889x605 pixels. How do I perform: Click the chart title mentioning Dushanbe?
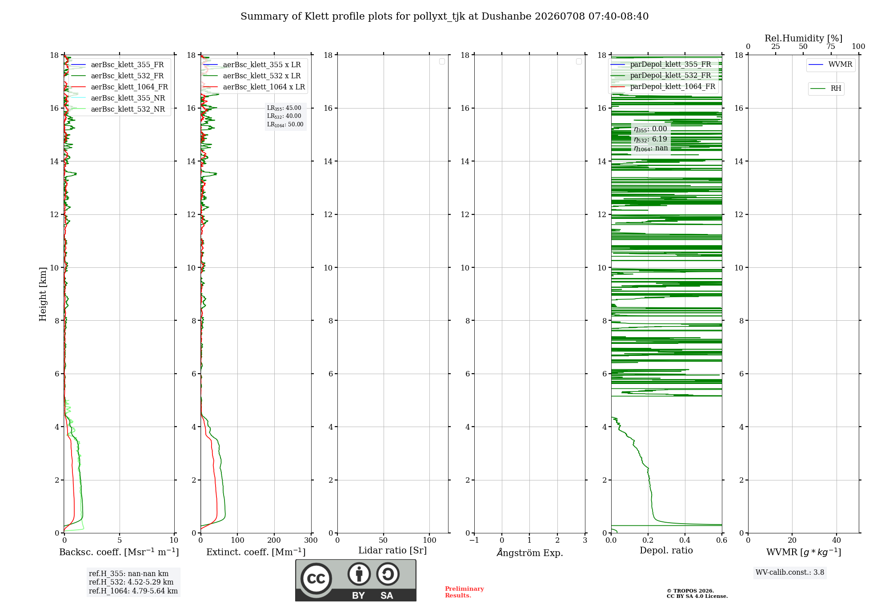click(444, 16)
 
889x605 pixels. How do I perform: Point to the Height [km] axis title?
click(43, 294)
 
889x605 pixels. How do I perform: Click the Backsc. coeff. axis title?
click(119, 552)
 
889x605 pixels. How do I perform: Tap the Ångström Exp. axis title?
click(530, 553)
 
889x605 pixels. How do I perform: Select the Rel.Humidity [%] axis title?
click(803, 38)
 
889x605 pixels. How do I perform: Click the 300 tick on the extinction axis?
click(311, 540)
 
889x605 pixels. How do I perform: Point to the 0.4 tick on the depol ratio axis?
click(685, 540)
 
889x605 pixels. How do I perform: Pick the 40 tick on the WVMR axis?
click(836, 540)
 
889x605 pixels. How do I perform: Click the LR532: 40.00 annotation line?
click(284, 116)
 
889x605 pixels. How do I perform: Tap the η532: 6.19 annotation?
click(650, 139)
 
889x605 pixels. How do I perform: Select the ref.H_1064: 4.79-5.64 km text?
click(133, 591)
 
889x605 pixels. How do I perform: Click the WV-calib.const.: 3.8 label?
click(790, 573)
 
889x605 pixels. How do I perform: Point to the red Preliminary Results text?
click(465, 592)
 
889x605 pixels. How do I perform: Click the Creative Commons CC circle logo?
click(316, 579)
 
